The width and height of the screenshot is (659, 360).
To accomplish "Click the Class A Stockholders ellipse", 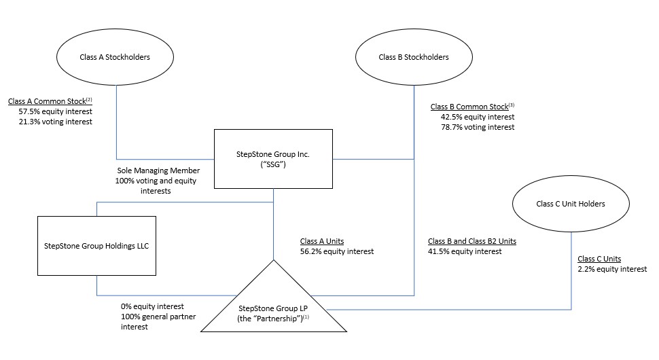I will [x=119, y=57].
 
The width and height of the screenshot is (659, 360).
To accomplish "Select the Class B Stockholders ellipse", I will [x=413, y=57].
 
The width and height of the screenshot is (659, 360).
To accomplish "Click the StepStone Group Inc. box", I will [x=273, y=159].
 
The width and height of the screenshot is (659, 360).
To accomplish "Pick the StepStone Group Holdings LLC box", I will [x=96, y=246].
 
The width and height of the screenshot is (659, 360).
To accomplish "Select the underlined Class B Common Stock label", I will [x=469, y=107].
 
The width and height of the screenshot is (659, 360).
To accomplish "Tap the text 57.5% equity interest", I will [x=56, y=111].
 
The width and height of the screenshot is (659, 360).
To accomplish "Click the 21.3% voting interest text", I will [x=56, y=122].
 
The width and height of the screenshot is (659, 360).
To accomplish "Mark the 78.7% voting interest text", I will [x=478, y=127].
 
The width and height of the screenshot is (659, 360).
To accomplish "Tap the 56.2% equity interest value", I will [x=337, y=251].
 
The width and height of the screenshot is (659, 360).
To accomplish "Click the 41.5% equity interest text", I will [x=465, y=251].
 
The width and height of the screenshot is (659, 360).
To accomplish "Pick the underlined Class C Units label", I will [x=599, y=259].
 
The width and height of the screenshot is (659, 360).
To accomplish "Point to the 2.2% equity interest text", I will [x=612, y=269].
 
